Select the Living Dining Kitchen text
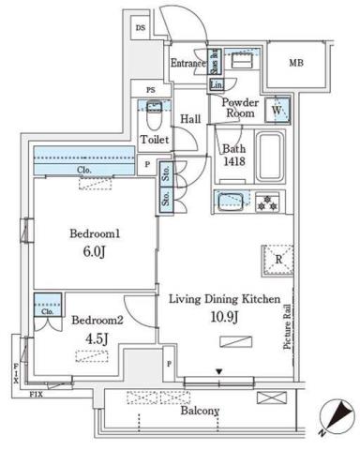tap(224, 299)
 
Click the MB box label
tap(295, 64)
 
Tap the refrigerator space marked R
tap(278, 262)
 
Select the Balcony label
tap(199, 411)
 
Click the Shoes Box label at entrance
tap(215, 62)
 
